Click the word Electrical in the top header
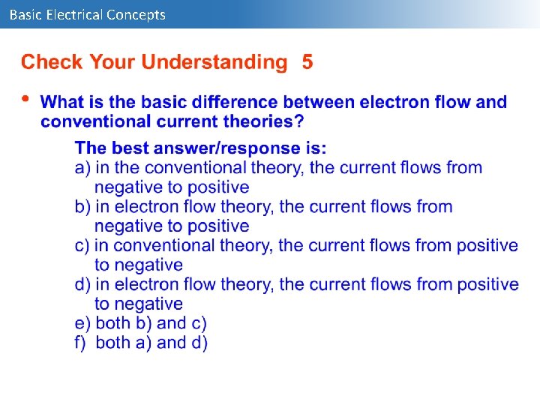[73, 14]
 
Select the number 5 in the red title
[307, 62]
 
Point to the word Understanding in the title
[214, 62]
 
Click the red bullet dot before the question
[25, 98]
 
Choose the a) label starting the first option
[82, 168]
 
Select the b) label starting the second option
[82, 207]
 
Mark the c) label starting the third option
[82, 246]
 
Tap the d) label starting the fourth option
[82, 285]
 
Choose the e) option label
[82, 324]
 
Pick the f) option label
[82, 343]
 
